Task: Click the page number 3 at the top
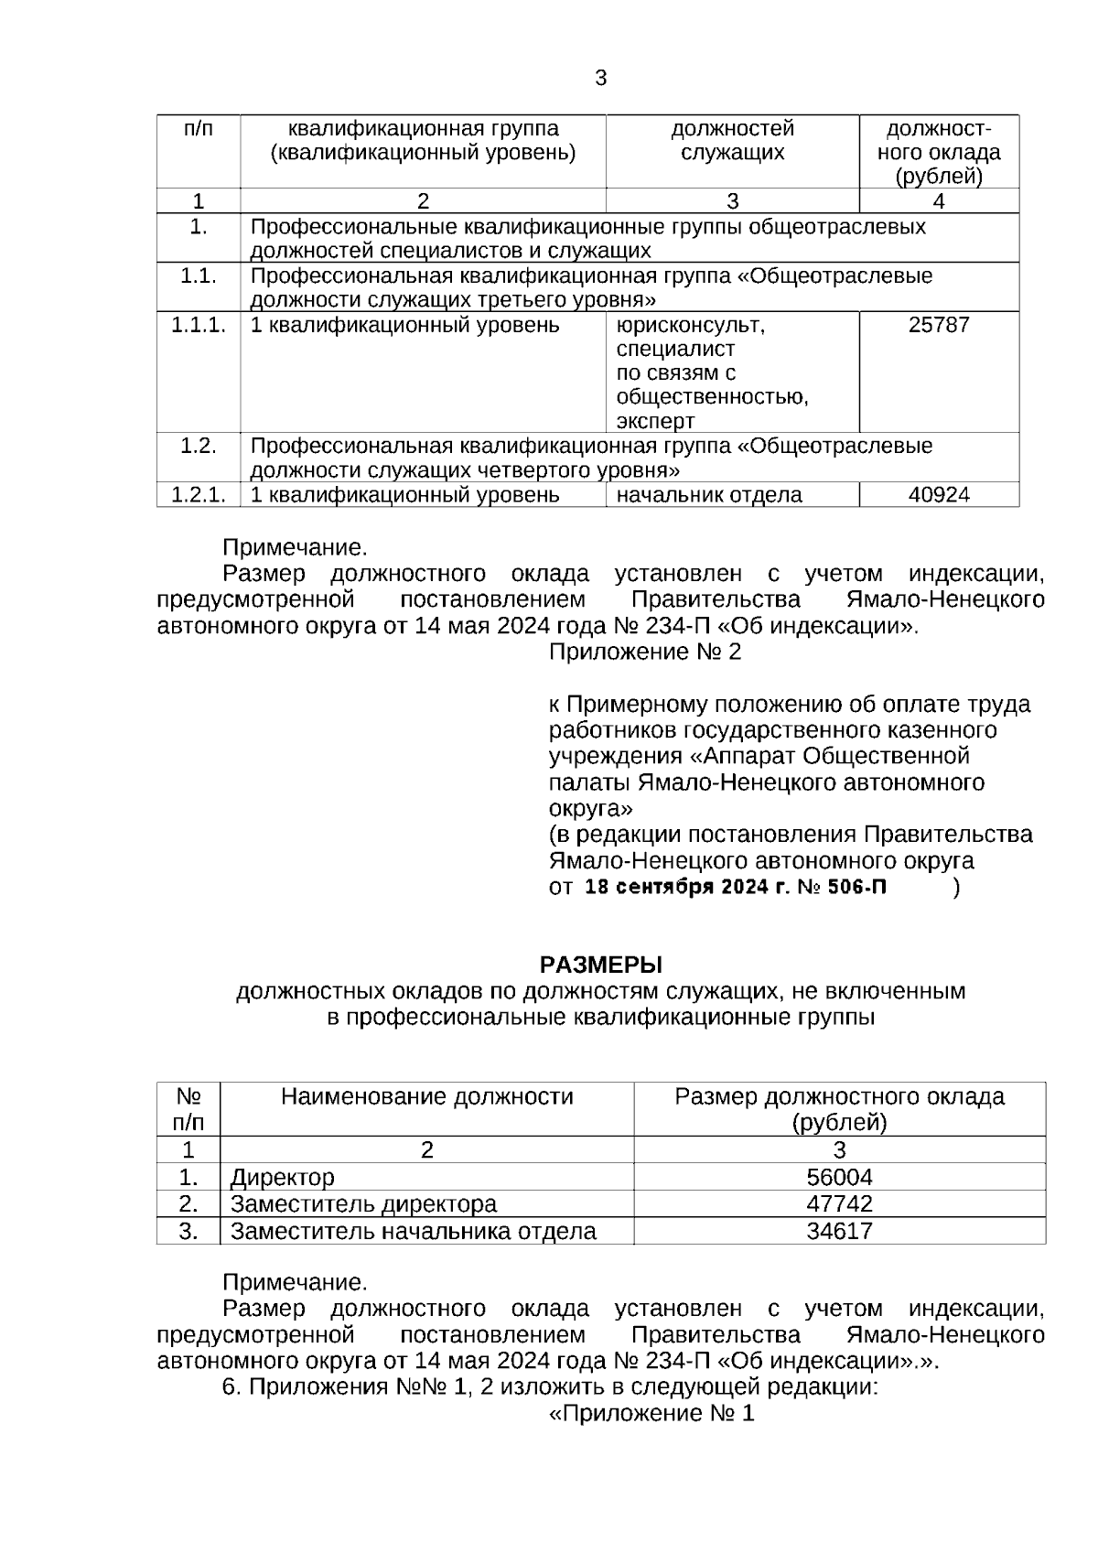click(x=600, y=79)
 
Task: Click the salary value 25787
click(x=939, y=325)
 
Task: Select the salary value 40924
click(x=939, y=495)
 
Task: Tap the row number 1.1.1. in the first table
click(x=199, y=325)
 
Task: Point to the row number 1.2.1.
click(x=199, y=495)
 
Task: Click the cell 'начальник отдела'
click(x=709, y=495)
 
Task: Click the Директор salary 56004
click(x=839, y=1177)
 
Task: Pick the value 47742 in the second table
click(x=839, y=1203)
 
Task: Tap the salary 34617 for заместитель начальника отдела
click(x=839, y=1231)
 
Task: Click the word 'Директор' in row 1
click(x=283, y=1177)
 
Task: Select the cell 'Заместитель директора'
click(x=363, y=1203)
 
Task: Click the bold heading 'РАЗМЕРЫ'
click(x=600, y=965)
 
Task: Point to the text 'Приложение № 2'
click(x=645, y=652)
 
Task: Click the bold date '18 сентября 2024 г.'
click(x=685, y=888)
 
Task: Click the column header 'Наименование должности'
click(x=426, y=1096)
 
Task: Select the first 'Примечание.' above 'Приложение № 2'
click(x=295, y=548)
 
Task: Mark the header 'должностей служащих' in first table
click(x=732, y=140)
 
